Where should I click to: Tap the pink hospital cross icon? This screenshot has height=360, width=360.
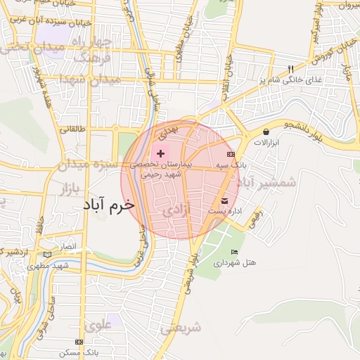(161, 153)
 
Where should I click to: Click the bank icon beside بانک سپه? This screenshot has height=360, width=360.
(230, 154)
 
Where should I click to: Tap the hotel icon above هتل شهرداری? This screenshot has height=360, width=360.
(234, 252)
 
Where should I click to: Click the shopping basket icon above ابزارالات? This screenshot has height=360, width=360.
(266, 131)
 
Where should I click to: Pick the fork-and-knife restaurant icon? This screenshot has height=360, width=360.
(290, 68)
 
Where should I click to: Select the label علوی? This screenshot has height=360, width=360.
(98, 325)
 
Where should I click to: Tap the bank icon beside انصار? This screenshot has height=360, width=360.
(47, 254)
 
